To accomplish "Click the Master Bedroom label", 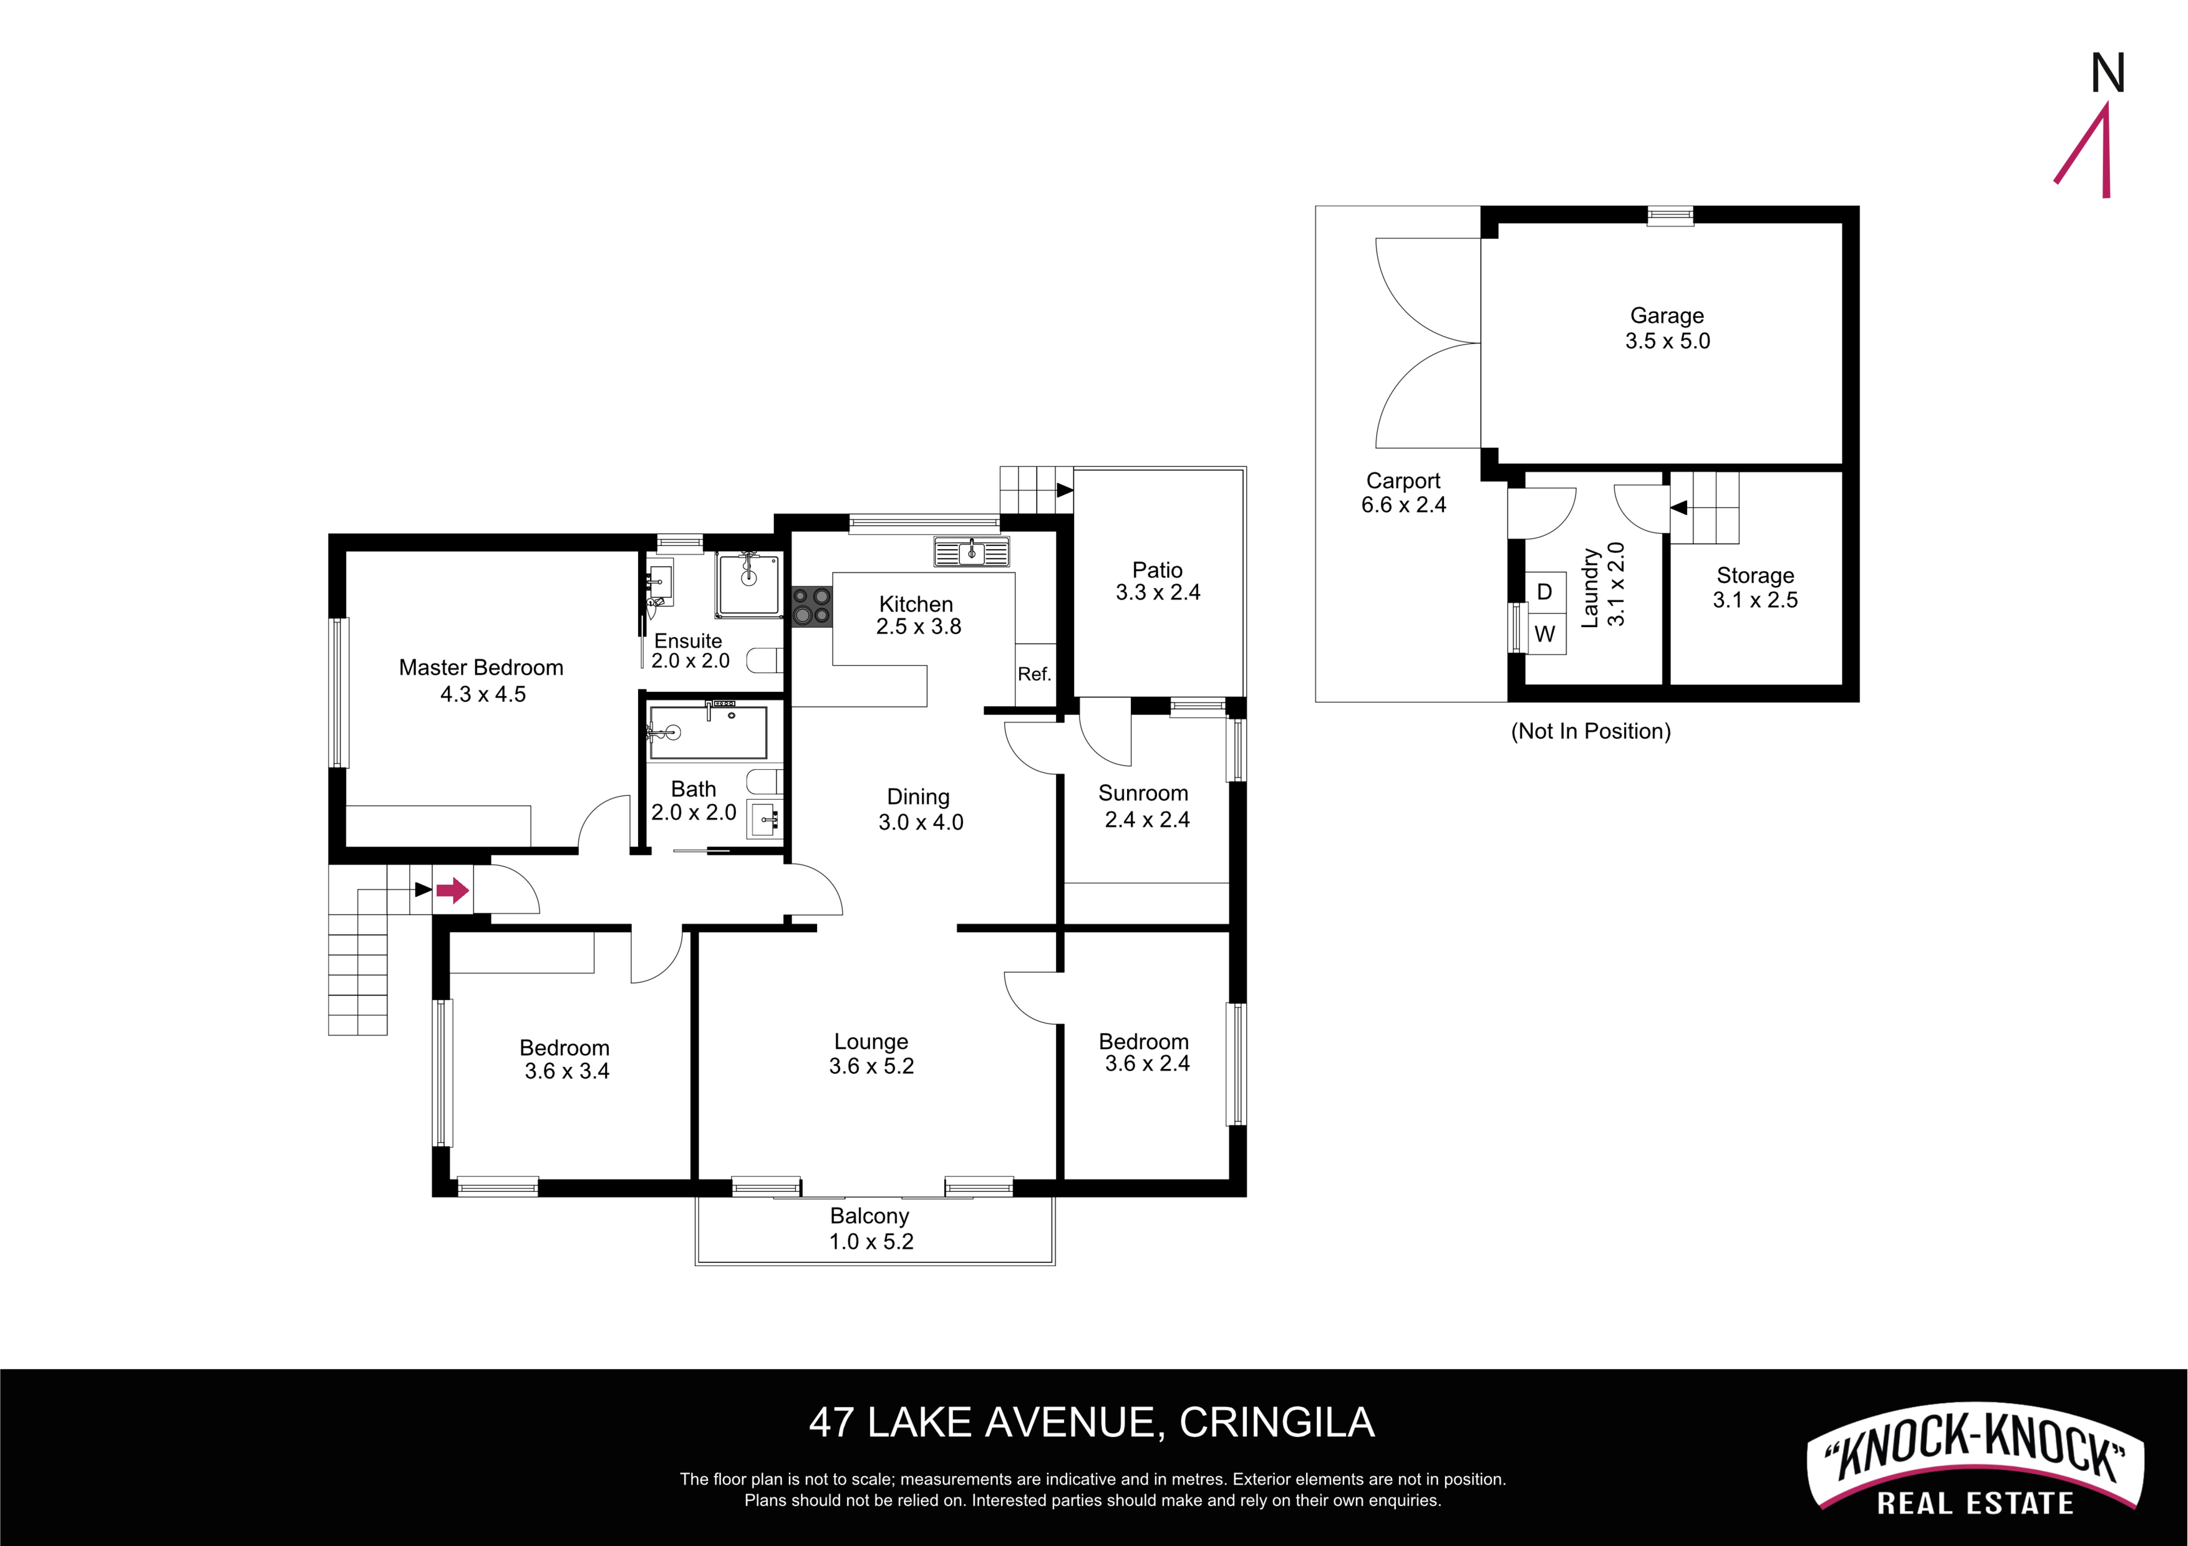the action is click(x=482, y=668).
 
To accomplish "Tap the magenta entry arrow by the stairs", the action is click(x=453, y=891).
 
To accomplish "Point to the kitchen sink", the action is click(x=971, y=552).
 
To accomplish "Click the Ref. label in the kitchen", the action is click(x=1034, y=675).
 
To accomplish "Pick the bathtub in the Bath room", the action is click(x=708, y=732).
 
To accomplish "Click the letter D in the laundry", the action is click(x=1545, y=592).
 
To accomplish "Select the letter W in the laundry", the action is click(x=1545, y=633).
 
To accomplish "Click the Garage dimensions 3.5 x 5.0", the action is click(x=1668, y=341).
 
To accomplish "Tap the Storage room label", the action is click(x=1755, y=575).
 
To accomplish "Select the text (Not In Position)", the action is click(x=1590, y=732).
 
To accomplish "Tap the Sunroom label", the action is click(x=1143, y=794).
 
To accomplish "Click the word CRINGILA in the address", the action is click(x=1277, y=1423).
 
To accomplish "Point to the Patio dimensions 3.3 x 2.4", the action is click(x=1158, y=592).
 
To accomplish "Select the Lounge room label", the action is click(x=871, y=1042).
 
